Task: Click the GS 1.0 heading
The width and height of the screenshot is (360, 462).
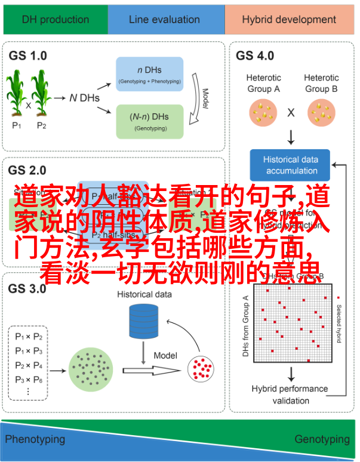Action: [28, 56]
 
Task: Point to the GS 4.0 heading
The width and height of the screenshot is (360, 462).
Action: [255, 56]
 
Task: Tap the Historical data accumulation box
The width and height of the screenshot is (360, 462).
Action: [291, 165]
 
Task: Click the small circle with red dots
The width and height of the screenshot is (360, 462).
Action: [202, 369]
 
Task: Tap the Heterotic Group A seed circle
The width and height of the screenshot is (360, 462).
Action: [263, 112]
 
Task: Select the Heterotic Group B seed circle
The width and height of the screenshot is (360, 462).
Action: [321, 112]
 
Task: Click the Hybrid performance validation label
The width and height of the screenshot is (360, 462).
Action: [290, 395]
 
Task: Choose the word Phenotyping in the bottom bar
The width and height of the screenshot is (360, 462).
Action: [35, 439]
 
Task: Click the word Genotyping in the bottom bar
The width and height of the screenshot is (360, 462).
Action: [322, 439]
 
